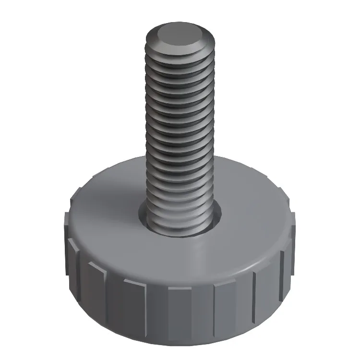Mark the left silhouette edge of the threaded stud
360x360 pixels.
(145, 130)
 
